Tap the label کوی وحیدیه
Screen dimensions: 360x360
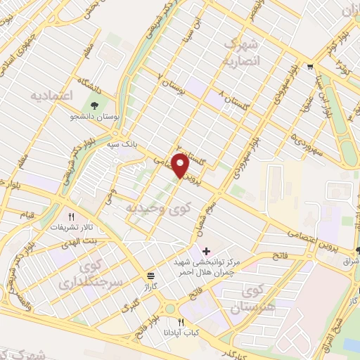pos(148,208)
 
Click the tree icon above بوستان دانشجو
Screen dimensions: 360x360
pos(94,106)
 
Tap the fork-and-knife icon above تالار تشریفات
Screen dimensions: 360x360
pos(70,217)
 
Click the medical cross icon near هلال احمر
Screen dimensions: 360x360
pos(206,250)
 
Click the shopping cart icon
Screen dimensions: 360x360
pos(310,67)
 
